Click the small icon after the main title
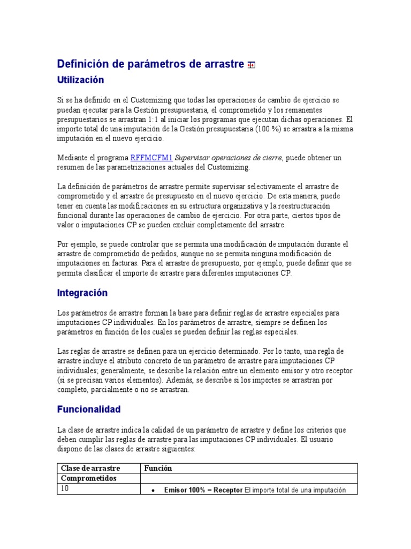tap(251, 65)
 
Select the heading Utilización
tap(80, 80)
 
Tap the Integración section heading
tap(82, 293)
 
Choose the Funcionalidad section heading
tap(89, 409)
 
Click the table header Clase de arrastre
tap(90, 468)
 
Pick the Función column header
tap(158, 468)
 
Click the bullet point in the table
tap(154, 490)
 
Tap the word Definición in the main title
tap(83, 64)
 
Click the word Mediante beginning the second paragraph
tap(72, 158)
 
